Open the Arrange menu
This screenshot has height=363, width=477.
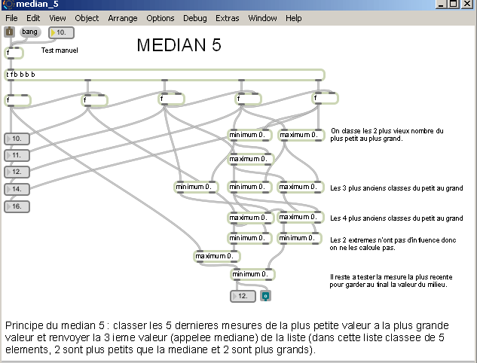[x=123, y=18]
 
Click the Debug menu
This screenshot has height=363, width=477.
[x=194, y=18]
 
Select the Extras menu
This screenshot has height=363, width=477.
[x=227, y=18]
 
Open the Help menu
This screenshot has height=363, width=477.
[x=294, y=18]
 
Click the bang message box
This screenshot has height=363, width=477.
[x=29, y=32]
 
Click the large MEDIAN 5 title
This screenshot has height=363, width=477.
[x=179, y=45]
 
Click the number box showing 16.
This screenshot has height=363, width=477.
[x=17, y=206]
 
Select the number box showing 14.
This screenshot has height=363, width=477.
[x=17, y=189]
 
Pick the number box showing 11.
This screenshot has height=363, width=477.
[x=17, y=155]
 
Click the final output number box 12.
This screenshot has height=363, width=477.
[x=243, y=296]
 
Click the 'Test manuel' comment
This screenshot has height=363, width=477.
[x=60, y=50]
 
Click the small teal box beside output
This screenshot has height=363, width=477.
[x=264, y=296]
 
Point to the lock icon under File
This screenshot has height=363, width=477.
[x=9, y=32]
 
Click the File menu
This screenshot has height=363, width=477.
[x=11, y=18]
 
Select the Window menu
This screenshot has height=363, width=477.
[x=262, y=18]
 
